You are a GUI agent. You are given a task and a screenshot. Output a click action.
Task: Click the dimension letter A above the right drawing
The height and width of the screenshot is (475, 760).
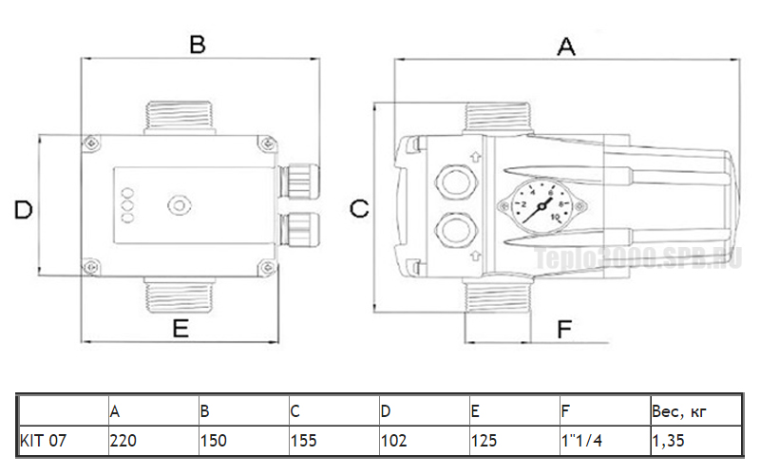tap(566, 46)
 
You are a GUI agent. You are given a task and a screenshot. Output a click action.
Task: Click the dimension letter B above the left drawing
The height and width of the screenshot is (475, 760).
tap(198, 44)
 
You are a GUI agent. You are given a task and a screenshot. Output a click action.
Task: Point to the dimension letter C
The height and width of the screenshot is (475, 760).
tap(359, 210)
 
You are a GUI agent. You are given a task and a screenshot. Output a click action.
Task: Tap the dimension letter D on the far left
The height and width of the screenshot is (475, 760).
tap(24, 210)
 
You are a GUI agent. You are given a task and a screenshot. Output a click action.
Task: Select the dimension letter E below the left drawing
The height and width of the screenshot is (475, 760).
tap(180, 329)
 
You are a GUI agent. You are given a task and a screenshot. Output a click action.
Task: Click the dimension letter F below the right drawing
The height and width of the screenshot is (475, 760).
tap(564, 329)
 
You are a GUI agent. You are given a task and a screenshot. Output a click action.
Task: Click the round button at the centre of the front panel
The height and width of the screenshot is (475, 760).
tap(178, 204)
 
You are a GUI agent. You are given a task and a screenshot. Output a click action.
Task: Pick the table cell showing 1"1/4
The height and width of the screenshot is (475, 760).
tap(582, 441)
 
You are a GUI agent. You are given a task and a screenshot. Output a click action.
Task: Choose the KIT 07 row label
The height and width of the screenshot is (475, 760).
tap(44, 441)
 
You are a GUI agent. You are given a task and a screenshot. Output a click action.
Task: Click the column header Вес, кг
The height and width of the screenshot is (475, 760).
tap(678, 411)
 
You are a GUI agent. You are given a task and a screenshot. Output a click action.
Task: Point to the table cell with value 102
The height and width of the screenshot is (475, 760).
tap(392, 441)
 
